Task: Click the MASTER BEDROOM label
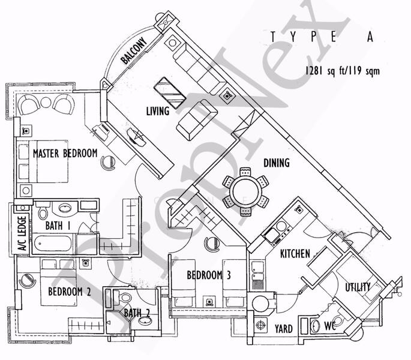tap(65, 154)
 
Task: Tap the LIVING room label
tap(158, 112)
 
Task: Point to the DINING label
tap(276, 163)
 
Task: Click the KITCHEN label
tap(295, 254)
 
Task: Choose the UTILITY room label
tap(358, 287)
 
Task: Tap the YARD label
tap(283, 329)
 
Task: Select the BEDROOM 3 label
tap(209, 276)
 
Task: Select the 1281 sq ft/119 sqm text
tap(342, 71)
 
